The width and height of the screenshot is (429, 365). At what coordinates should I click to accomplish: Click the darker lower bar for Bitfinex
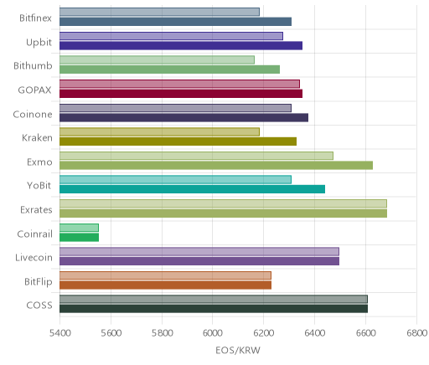click(x=175, y=22)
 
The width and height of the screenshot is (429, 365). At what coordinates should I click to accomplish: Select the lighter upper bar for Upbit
click(x=171, y=36)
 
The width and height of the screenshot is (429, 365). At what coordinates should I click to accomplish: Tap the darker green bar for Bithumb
click(x=169, y=69)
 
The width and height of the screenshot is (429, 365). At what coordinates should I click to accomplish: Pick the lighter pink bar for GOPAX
click(x=179, y=84)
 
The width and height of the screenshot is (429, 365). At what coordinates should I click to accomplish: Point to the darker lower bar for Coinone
click(x=183, y=117)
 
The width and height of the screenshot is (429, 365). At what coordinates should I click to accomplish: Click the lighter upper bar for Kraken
click(x=159, y=131)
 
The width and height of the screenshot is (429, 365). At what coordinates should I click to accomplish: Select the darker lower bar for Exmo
click(x=216, y=165)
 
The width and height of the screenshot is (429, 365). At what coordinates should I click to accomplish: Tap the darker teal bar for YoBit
click(x=192, y=189)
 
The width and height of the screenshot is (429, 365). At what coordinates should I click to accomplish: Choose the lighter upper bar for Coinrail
click(x=79, y=228)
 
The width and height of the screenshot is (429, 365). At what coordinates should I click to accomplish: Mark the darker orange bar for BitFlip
click(x=165, y=285)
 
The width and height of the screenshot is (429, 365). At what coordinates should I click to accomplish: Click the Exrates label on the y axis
click(x=36, y=209)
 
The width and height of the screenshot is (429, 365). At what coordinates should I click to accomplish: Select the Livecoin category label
click(x=34, y=257)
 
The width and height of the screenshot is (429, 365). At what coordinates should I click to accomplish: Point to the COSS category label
click(x=39, y=305)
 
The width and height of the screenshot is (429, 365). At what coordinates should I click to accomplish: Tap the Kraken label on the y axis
click(x=37, y=137)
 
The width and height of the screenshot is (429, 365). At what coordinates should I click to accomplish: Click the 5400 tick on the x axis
click(x=59, y=333)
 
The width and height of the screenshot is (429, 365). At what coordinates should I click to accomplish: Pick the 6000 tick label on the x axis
click(x=212, y=333)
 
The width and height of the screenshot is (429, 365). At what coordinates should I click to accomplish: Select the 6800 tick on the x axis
click(x=416, y=333)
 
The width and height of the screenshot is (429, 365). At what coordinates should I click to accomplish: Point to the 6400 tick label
click(x=314, y=333)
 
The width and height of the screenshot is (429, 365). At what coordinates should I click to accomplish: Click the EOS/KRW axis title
click(x=238, y=350)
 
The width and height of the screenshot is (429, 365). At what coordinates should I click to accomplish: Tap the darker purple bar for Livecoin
click(x=199, y=261)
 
